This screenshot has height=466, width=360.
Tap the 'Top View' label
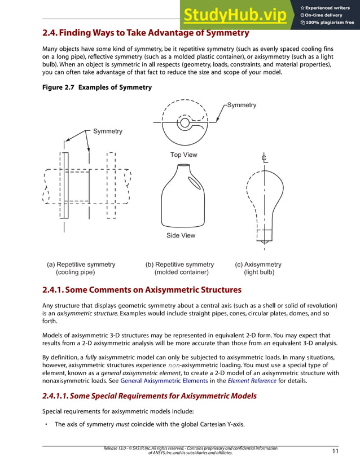pos(184,155)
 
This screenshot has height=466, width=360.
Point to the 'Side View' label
pos(181,235)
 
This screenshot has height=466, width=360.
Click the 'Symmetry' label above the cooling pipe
pos(107,131)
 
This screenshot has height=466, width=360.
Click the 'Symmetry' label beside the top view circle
pos(242,105)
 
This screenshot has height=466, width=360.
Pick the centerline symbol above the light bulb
pos(264,158)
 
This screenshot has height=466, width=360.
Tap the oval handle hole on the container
pos(194,182)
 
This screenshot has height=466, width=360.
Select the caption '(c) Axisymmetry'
pos(258,265)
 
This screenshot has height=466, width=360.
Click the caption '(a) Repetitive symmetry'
pos(81,265)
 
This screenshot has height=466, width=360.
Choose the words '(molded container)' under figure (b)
pos(182,272)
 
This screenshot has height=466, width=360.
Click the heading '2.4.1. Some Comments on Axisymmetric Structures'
pos(142,290)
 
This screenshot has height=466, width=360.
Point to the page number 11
pos(335,451)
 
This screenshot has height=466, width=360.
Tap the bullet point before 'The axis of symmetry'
pos(46,425)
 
